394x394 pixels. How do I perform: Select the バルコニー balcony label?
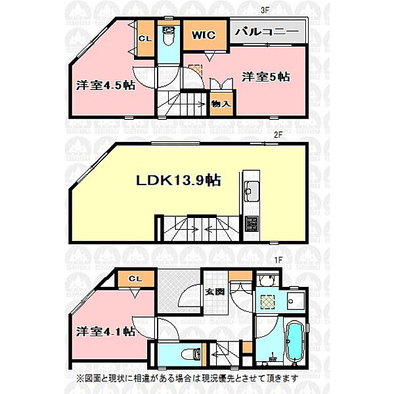[x=266, y=31]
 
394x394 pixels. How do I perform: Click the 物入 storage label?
[x=221, y=104]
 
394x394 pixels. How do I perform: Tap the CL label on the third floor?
[x=144, y=37]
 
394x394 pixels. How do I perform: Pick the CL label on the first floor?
[x=135, y=280]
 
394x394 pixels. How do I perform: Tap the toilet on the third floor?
[x=167, y=37]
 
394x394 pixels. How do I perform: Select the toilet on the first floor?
[x=192, y=355]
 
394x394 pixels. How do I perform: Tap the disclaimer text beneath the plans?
[x=186, y=378]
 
